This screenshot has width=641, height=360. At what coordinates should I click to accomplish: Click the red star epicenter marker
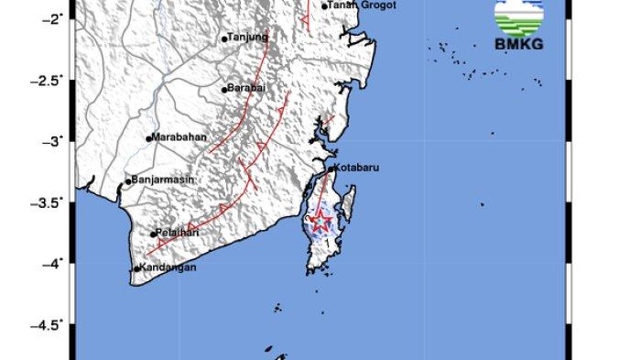point(320,221)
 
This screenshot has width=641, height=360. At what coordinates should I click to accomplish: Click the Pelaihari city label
point(178,233)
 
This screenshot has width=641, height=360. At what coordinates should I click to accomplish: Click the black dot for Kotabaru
point(331,169)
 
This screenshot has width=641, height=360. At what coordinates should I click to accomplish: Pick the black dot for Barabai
point(224,90)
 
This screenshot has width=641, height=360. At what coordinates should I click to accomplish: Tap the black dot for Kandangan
point(136,268)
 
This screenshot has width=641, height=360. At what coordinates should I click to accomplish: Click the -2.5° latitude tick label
point(49,80)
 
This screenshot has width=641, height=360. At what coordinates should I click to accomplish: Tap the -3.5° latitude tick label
point(49,202)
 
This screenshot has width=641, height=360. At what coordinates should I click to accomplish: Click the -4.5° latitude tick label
point(49,325)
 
